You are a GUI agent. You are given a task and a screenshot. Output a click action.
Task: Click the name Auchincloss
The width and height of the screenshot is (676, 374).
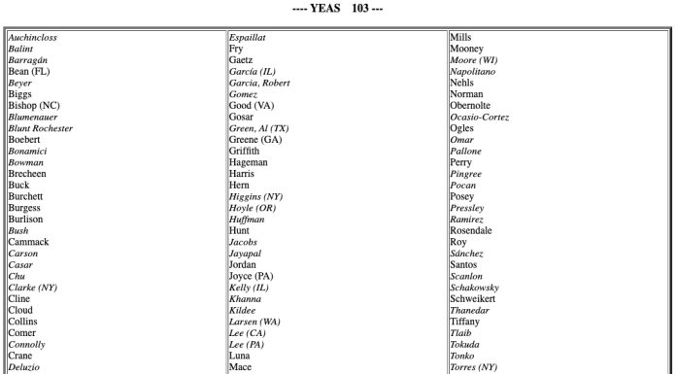[x=32, y=38]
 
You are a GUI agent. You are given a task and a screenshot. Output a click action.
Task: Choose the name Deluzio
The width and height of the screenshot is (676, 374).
[x=25, y=367]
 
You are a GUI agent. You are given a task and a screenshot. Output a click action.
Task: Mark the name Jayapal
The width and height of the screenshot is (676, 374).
[x=247, y=253]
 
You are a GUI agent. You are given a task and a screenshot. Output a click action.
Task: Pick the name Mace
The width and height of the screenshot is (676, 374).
[x=240, y=367]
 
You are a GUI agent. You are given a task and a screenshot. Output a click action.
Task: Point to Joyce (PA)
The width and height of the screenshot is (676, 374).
[x=252, y=276]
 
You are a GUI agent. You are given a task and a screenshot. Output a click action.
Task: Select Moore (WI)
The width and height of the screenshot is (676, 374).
[x=475, y=60]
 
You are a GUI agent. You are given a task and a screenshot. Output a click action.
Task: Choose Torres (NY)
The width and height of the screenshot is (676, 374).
[x=474, y=367]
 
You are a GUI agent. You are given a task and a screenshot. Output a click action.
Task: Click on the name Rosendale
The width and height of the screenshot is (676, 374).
[x=472, y=230]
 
